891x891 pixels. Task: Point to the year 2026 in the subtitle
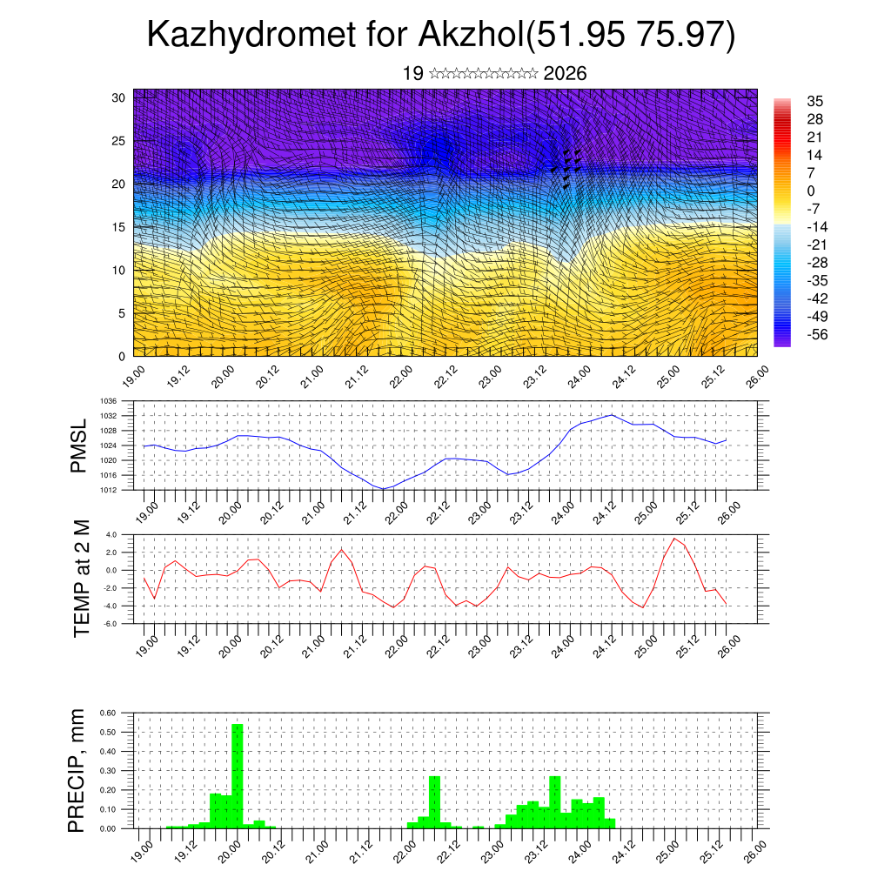565,74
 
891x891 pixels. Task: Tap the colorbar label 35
815,102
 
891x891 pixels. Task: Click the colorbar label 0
811,191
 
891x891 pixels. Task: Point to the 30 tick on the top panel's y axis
119,97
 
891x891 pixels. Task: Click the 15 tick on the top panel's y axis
119,227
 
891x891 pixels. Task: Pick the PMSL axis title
80,445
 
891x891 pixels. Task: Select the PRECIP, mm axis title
80,770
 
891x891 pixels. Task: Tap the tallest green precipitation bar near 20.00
237,774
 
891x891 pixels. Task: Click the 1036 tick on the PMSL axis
109,401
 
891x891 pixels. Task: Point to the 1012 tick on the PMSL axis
109,490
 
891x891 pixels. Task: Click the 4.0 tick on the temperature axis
111,534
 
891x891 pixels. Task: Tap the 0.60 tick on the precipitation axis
108,713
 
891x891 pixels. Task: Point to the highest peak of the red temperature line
673,539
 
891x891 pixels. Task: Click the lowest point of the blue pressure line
383,489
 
